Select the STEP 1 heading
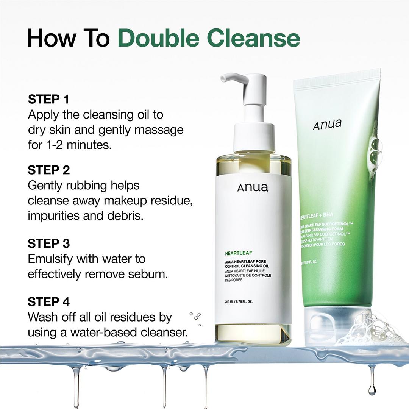(x=48, y=100)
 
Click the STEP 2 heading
(x=48, y=170)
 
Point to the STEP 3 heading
(x=48, y=243)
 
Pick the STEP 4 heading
(x=48, y=302)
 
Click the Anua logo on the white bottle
(x=253, y=187)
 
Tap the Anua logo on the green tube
(x=327, y=124)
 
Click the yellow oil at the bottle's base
(x=253, y=333)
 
